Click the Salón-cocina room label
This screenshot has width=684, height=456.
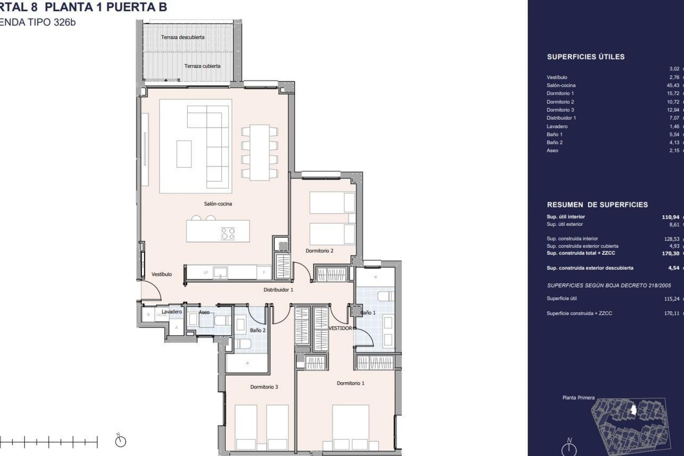pyautogui.click(x=218, y=204)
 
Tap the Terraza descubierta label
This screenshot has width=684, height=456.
pyautogui.click(x=182, y=37)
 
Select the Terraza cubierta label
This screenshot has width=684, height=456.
pyautogui.click(x=202, y=66)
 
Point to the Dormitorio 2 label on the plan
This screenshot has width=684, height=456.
pyautogui.click(x=319, y=251)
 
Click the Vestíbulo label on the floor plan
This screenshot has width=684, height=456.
pyautogui.click(x=161, y=274)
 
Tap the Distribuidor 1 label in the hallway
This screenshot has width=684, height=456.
pyautogui.click(x=278, y=290)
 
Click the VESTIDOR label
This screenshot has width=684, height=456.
pyautogui.click(x=340, y=328)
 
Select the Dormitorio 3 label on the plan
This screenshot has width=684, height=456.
pyautogui.click(x=264, y=387)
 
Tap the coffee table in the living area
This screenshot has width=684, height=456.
pyautogui.click(x=184, y=154)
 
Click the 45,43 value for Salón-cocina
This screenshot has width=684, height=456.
pyautogui.click(x=673, y=85)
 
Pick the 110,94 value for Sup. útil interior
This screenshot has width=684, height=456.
pyautogui.click(x=670, y=217)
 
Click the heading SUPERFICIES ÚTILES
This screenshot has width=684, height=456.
pyautogui.click(x=586, y=57)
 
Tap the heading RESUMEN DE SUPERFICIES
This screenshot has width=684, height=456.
pyautogui.click(x=597, y=205)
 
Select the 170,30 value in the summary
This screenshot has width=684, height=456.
pyautogui.click(x=670, y=253)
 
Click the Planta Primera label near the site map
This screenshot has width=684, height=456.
pyautogui.click(x=578, y=398)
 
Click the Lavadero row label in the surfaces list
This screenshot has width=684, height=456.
pyautogui.click(x=557, y=126)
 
